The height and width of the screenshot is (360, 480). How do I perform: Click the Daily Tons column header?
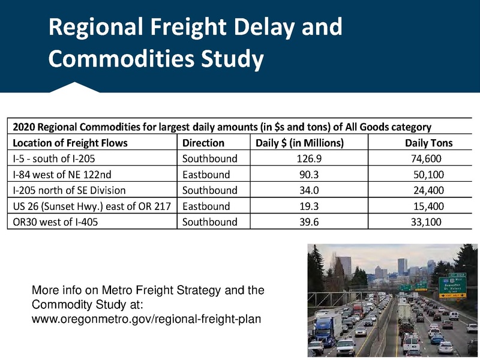click(429, 143)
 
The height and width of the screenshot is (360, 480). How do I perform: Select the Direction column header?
click(203, 143)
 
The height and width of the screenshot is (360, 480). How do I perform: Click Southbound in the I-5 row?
click(210, 159)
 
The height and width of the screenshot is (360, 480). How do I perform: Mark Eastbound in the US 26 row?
click(206, 206)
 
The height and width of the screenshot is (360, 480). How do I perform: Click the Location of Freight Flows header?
click(70, 143)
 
